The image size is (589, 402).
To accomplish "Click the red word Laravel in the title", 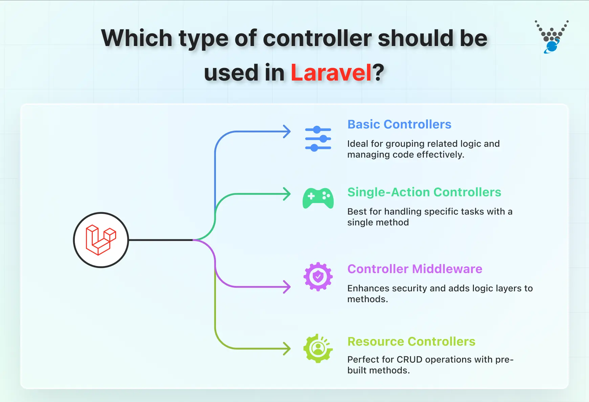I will pyautogui.click(x=331, y=73).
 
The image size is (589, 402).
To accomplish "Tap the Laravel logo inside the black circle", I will pyautogui.click(x=101, y=240).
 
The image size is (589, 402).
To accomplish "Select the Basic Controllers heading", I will pyautogui.click(x=399, y=125).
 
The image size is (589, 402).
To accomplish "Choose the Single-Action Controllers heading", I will pyautogui.click(x=424, y=192).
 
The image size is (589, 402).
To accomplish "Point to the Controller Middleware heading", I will pyautogui.click(x=414, y=269).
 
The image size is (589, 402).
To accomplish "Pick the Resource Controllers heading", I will pyautogui.click(x=411, y=342).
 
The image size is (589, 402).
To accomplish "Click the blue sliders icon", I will pyautogui.click(x=318, y=139).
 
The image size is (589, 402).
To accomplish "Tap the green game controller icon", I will pyautogui.click(x=318, y=198).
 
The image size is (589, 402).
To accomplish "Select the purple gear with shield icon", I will pyautogui.click(x=318, y=277).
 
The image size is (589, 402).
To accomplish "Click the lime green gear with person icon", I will pyautogui.click(x=318, y=349).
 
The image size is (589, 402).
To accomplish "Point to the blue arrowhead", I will pyautogui.click(x=287, y=132).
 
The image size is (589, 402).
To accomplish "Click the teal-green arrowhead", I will pyautogui.click(x=287, y=194).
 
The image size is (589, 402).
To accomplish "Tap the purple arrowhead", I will pyautogui.click(x=287, y=287).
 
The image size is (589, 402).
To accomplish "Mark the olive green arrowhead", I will pyautogui.click(x=287, y=349).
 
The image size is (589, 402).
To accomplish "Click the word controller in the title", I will pyautogui.click(x=318, y=38).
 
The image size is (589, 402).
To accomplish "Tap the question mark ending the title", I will pyautogui.click(x=378, y=73).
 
